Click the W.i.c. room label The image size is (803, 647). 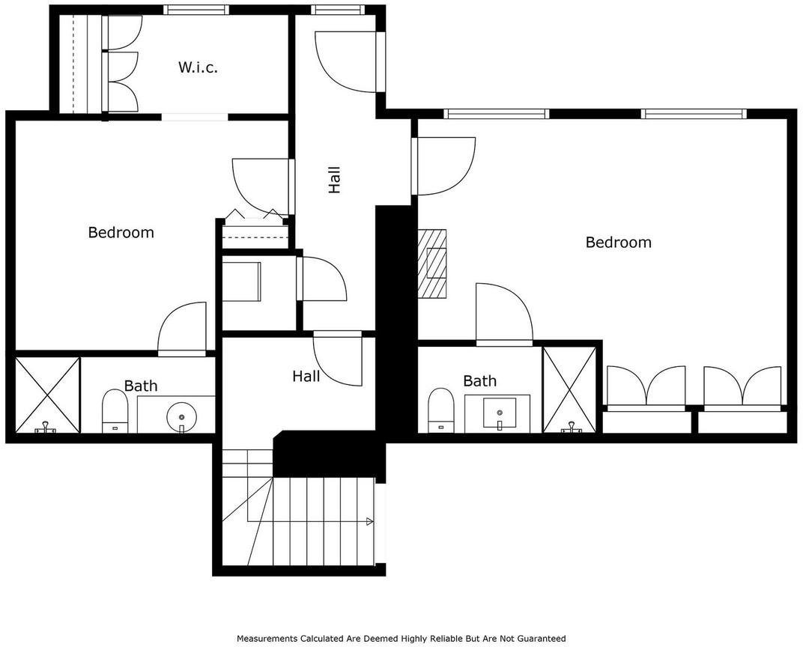pyautogui.click(x=198, y=67)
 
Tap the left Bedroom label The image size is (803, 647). pyautogui.click(x=121, y=232)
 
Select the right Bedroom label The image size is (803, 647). pyautogui.click(x=618, y=242)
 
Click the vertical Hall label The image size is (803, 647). pyautogui.click(x=334, y=180)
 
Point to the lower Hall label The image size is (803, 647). pyautogui.click(x=306, y=376)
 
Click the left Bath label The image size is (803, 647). pyautogui.click(x=141, y=386)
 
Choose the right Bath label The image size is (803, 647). pyautogui.click(x=480, y=381)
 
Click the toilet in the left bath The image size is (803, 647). pyautogui.click(x=115, y=412)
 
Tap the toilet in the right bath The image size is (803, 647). pyautogui.click(x=440, y=410)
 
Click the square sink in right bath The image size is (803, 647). pyautogui.click(x=499, y=413)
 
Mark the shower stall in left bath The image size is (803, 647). pyautogui.click(x=48, y=395)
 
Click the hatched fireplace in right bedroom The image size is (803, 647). pyautogui.click(x=431, y=263)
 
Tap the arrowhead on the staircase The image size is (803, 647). pyautogui.click(x=370, y=522)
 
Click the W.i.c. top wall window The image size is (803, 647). pyautogui.click(x=195, y=10)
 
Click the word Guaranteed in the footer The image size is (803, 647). pyautogui.click(x=542, y=638)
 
